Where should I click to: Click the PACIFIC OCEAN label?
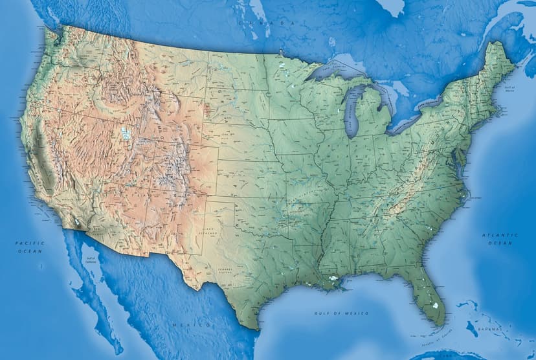29,246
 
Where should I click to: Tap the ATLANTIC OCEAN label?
500,238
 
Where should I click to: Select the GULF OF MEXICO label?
341,313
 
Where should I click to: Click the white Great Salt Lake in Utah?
126,135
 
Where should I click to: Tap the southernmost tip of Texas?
257,328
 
